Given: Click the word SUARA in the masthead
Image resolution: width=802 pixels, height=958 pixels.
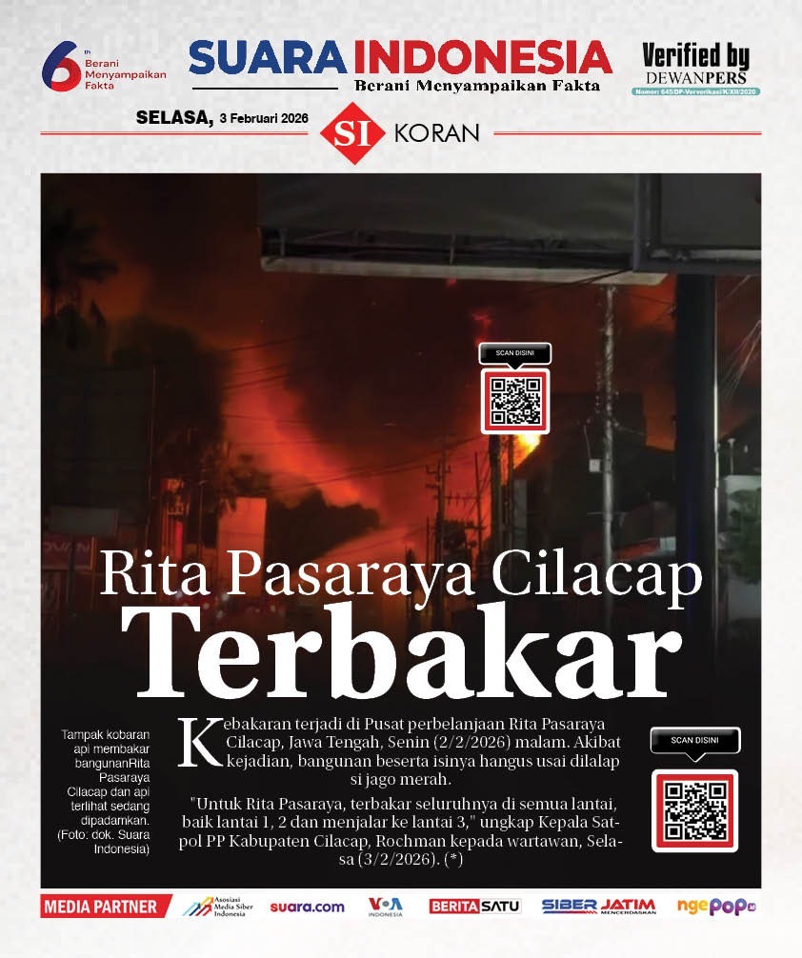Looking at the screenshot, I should click(x=270, y=58).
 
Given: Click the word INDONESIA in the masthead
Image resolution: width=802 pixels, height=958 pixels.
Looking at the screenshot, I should click(x=482, y=58).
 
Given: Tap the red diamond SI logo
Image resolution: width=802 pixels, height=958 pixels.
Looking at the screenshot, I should click(x=351, y=132).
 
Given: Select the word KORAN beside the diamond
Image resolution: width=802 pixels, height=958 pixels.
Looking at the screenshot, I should click(x=436, y=133).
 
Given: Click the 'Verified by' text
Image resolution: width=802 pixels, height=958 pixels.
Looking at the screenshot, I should click(x=695, y=55).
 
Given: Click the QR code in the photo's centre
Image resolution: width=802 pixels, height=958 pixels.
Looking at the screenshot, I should click(x=515, y=401).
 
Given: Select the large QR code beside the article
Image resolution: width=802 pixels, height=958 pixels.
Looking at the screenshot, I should click(x=695, y=809).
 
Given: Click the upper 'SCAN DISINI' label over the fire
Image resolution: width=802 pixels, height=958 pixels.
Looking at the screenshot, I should click(x=515, y=352).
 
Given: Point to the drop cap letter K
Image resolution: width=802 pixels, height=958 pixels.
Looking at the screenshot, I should click(x=201, y=741).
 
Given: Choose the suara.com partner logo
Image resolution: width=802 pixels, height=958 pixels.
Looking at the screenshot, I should click(x=307, y=907).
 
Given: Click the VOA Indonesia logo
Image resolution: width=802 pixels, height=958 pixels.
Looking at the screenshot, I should click(x=385, y=907).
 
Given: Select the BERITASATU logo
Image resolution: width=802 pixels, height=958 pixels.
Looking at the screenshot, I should click(x=474, y=907).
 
